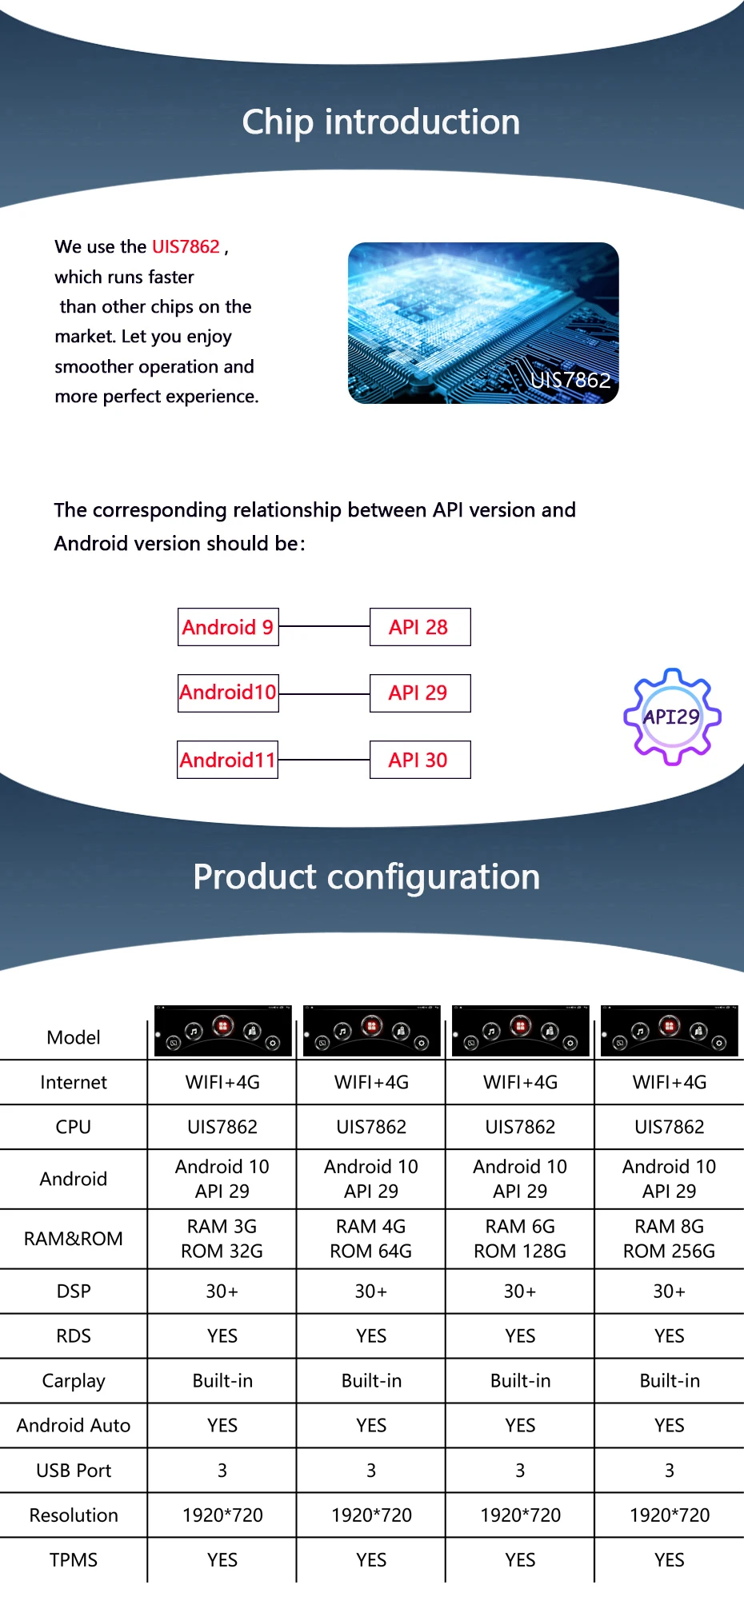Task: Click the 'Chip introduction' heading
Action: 381,122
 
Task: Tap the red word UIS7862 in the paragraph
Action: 186,246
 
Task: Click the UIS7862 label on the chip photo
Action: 570,380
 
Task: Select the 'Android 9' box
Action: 228,627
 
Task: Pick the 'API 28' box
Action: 419,627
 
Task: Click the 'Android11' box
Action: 228,760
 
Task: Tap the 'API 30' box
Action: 419,760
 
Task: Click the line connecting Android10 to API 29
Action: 324,694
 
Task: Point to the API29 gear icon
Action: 672,717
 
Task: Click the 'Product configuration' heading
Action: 366,877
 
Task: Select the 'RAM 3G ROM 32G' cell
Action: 222,1239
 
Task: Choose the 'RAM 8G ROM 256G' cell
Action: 670,1239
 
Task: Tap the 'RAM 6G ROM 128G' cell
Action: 520,1239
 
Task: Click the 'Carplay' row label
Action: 74,1381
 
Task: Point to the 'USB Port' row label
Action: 74,1471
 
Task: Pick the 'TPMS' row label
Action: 74,1560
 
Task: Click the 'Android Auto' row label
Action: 74,1426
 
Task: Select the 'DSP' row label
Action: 74,1292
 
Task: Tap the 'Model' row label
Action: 74,1038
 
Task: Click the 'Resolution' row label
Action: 74,1515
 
